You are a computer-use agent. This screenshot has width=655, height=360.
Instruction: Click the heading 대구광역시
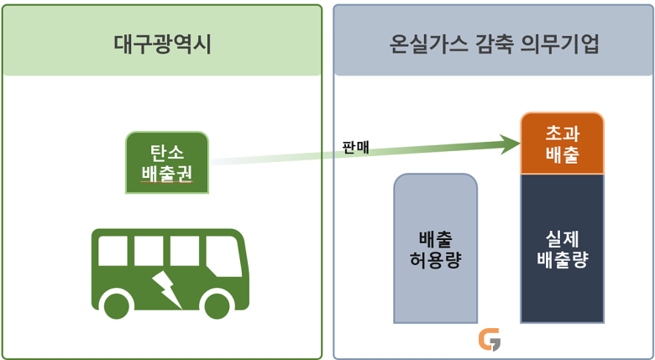163,45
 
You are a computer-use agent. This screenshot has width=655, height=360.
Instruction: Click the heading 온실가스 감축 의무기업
494,45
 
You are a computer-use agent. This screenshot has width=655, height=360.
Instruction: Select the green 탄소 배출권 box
167,163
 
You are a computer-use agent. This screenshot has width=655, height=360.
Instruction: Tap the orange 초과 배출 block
563,143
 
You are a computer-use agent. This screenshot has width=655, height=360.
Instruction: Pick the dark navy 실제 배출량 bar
563,248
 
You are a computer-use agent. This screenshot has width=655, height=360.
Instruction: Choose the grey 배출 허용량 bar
435,248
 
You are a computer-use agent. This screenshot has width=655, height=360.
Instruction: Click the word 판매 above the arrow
355,148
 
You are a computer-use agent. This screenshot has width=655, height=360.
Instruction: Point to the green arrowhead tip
520,143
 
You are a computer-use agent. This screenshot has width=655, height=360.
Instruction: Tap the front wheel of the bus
217,306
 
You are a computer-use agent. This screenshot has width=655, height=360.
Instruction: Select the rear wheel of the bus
117,306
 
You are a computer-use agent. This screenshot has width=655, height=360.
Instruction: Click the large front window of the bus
224,256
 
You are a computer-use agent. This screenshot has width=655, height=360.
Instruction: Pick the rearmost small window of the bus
113,251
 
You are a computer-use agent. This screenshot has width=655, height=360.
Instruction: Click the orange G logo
490,340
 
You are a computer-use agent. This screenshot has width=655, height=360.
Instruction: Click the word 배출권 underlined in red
167,173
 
